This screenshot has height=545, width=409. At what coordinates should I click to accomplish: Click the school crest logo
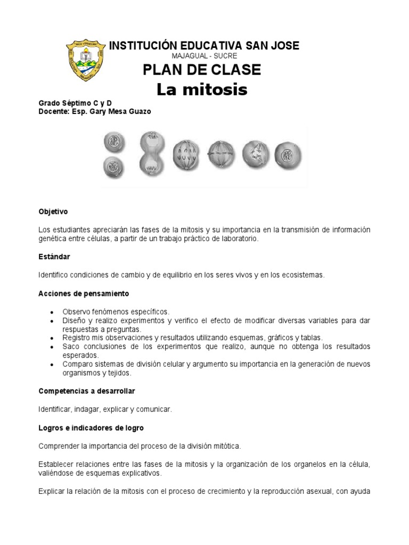[85, 60]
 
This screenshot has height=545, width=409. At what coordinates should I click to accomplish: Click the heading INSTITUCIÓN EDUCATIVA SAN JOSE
[204, 46]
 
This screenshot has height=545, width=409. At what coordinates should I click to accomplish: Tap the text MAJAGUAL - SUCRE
[204, 56]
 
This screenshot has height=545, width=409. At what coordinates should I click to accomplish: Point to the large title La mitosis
[202, 90]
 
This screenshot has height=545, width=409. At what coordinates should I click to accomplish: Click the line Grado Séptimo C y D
[75, 103]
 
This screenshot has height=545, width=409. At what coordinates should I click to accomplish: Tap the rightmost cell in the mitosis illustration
[288, 155]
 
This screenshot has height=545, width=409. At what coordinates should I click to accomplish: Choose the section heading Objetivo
[53, 211]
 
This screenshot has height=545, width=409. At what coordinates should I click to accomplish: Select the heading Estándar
[54, 257]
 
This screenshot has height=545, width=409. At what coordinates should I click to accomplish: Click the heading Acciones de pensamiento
[84, 293]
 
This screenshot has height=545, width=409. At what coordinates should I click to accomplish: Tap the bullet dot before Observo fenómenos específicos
[51, 312]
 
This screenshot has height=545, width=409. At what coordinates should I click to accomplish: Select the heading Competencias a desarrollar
[87, 391]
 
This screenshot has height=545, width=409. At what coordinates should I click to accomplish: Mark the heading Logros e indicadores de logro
[91, 427]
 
